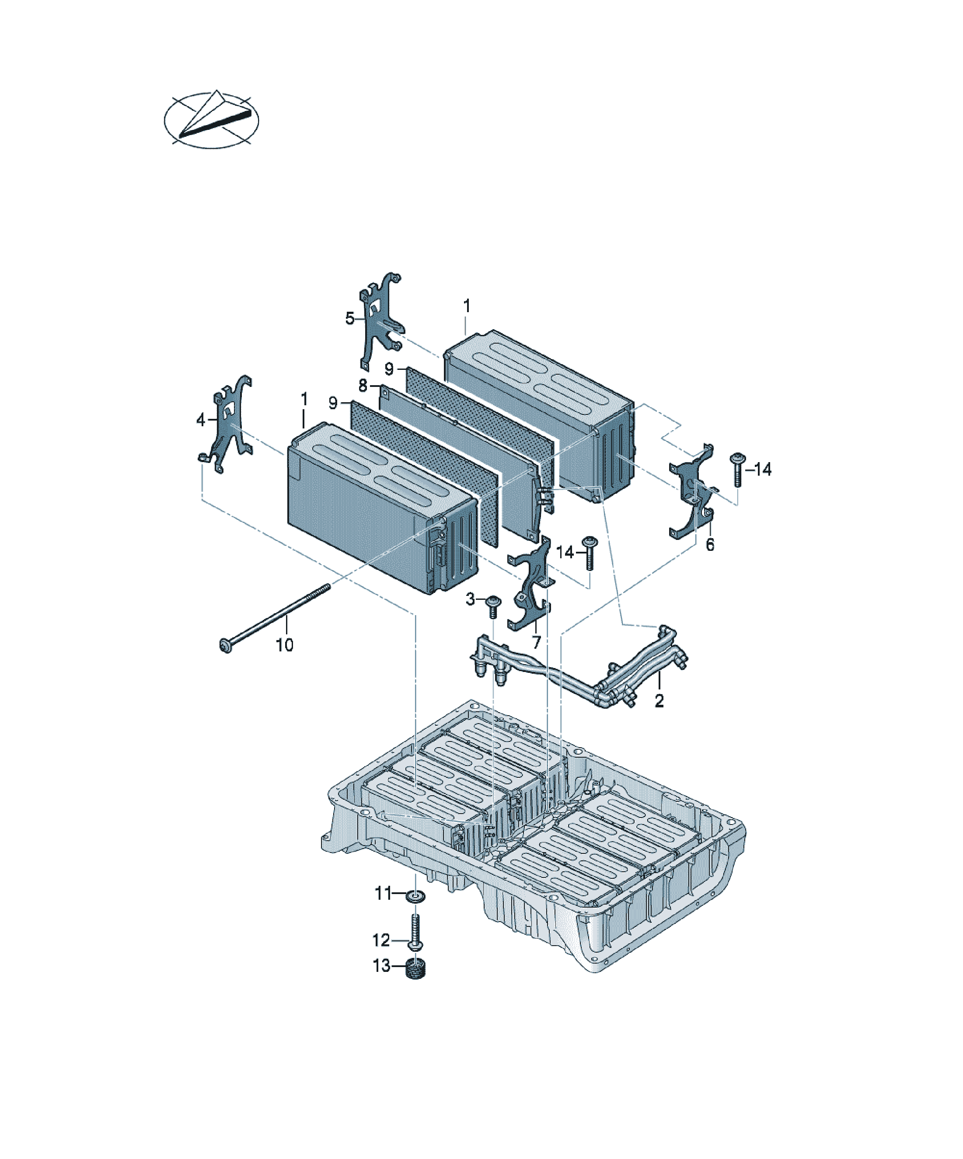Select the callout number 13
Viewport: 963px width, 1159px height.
(381, 966)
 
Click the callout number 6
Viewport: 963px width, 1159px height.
(710, 545)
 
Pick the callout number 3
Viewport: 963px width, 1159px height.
(470, 599)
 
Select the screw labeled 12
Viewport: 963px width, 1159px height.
(416, 932)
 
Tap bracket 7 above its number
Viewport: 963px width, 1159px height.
(531, 585)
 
